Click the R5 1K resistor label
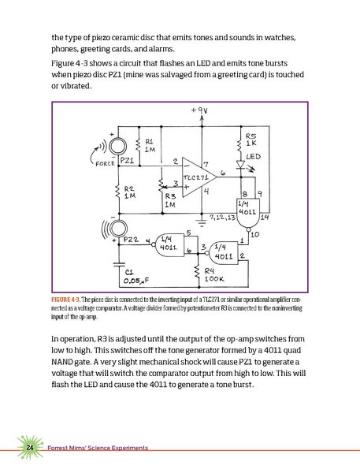pos(251,138)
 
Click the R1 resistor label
pos(150,144)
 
